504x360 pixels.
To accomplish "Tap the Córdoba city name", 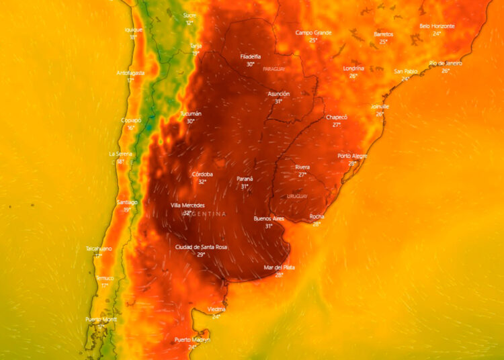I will click(202, 174).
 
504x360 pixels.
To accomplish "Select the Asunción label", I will click(278, 94).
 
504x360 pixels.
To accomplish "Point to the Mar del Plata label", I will click(279, 267).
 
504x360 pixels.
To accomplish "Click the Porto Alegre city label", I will click(352, 156).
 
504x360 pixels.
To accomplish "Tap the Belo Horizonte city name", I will click(437, 26).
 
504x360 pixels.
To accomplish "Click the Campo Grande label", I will click(314, 32).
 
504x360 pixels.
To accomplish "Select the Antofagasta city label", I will click(130, 73).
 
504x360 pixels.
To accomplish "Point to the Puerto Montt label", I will click(101, 319).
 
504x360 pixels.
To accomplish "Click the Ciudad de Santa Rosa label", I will click(201, 247).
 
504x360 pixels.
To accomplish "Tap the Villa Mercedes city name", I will click(187, 206).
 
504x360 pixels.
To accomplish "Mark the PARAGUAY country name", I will click(274, 69).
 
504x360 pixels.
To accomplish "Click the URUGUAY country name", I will click(297, 196).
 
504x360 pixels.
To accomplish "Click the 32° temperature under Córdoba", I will click(202, 182).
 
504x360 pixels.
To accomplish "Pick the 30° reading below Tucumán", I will click(191, 122).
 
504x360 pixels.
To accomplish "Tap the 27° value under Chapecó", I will click(337, 125).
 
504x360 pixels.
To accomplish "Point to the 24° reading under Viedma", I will click(216, 316).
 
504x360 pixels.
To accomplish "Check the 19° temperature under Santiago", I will click(127, 210).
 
